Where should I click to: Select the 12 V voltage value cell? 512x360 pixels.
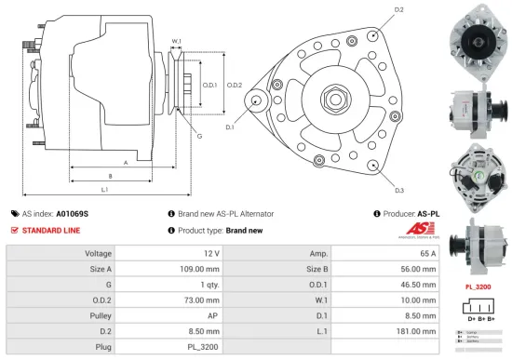coord(209,253)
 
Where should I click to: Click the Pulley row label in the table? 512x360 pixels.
coord(99,316)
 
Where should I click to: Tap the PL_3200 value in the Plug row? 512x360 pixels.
coord(204,348)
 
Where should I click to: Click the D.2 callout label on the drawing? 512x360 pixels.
coord(398,9)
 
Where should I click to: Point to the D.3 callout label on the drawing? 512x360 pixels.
coord(398,190)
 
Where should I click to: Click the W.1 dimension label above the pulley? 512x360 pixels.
coord(176,41)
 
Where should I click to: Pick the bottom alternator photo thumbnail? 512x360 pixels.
coord(477,246)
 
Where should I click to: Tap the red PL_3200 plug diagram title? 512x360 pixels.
coord(477,287)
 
